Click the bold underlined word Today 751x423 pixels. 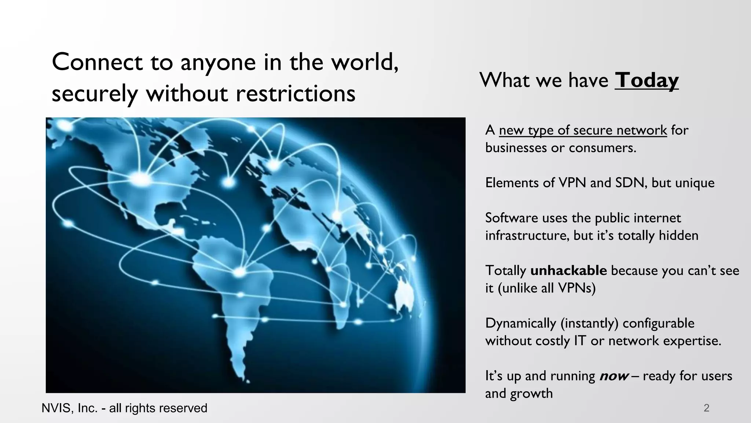[x=646, y=80]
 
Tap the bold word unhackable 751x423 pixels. [x=568, y=271]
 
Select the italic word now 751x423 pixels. [x=614, y=376]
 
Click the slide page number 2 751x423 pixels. [x=706, y=408]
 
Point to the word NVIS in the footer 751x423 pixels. [x=56, y=408]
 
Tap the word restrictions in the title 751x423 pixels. [x=295, y=93]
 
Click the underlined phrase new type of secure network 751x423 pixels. [x=583, y=130]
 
